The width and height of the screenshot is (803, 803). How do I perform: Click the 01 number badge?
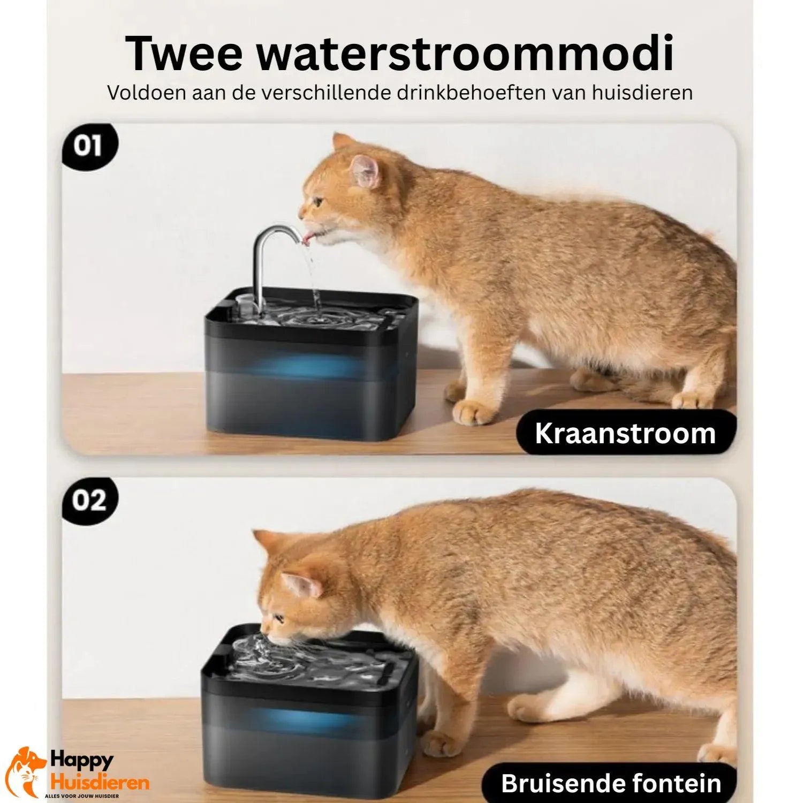[x=89, y=146]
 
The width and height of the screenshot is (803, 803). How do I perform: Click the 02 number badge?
[x=89, y=501]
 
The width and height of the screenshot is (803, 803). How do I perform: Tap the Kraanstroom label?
[x=625, y=433]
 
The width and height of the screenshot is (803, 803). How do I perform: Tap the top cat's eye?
[x=318, y=202]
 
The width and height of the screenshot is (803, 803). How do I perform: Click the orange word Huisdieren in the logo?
[x=99, y=783]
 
